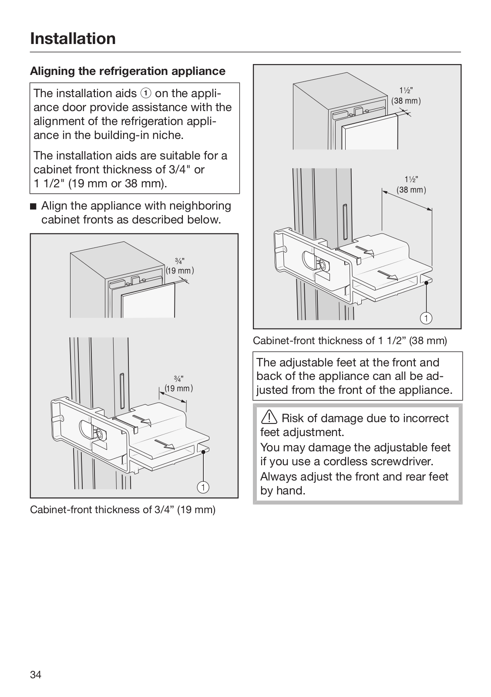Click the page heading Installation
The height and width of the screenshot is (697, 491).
[73, 38]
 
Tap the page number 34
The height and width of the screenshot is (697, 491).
[36, 675]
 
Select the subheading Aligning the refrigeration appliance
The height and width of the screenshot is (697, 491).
[128, 71]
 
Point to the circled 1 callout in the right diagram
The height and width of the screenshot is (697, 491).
[426, 318]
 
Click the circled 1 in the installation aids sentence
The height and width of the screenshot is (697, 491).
[146, 93]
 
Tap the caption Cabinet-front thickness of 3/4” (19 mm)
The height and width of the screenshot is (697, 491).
[123, 510]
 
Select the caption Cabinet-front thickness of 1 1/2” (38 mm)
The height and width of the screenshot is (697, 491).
[350, 341]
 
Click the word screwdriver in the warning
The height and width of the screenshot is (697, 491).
[387, 461]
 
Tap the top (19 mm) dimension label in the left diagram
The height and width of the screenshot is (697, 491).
[179, 271]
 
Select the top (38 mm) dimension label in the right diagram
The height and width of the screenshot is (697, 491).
[406, 101]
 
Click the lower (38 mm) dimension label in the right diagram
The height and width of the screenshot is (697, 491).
[411, 190]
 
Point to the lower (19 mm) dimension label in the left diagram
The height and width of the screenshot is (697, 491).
[178, 388]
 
